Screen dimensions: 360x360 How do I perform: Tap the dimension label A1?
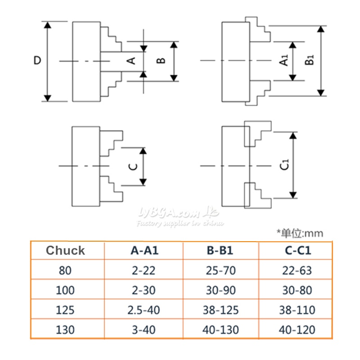point(284,60)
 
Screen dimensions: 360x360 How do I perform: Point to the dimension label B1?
point(309,60)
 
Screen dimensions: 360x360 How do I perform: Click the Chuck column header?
point(66,251)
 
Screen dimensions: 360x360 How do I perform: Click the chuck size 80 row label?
point(66,271)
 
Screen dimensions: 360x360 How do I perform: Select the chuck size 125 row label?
point(66,310)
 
